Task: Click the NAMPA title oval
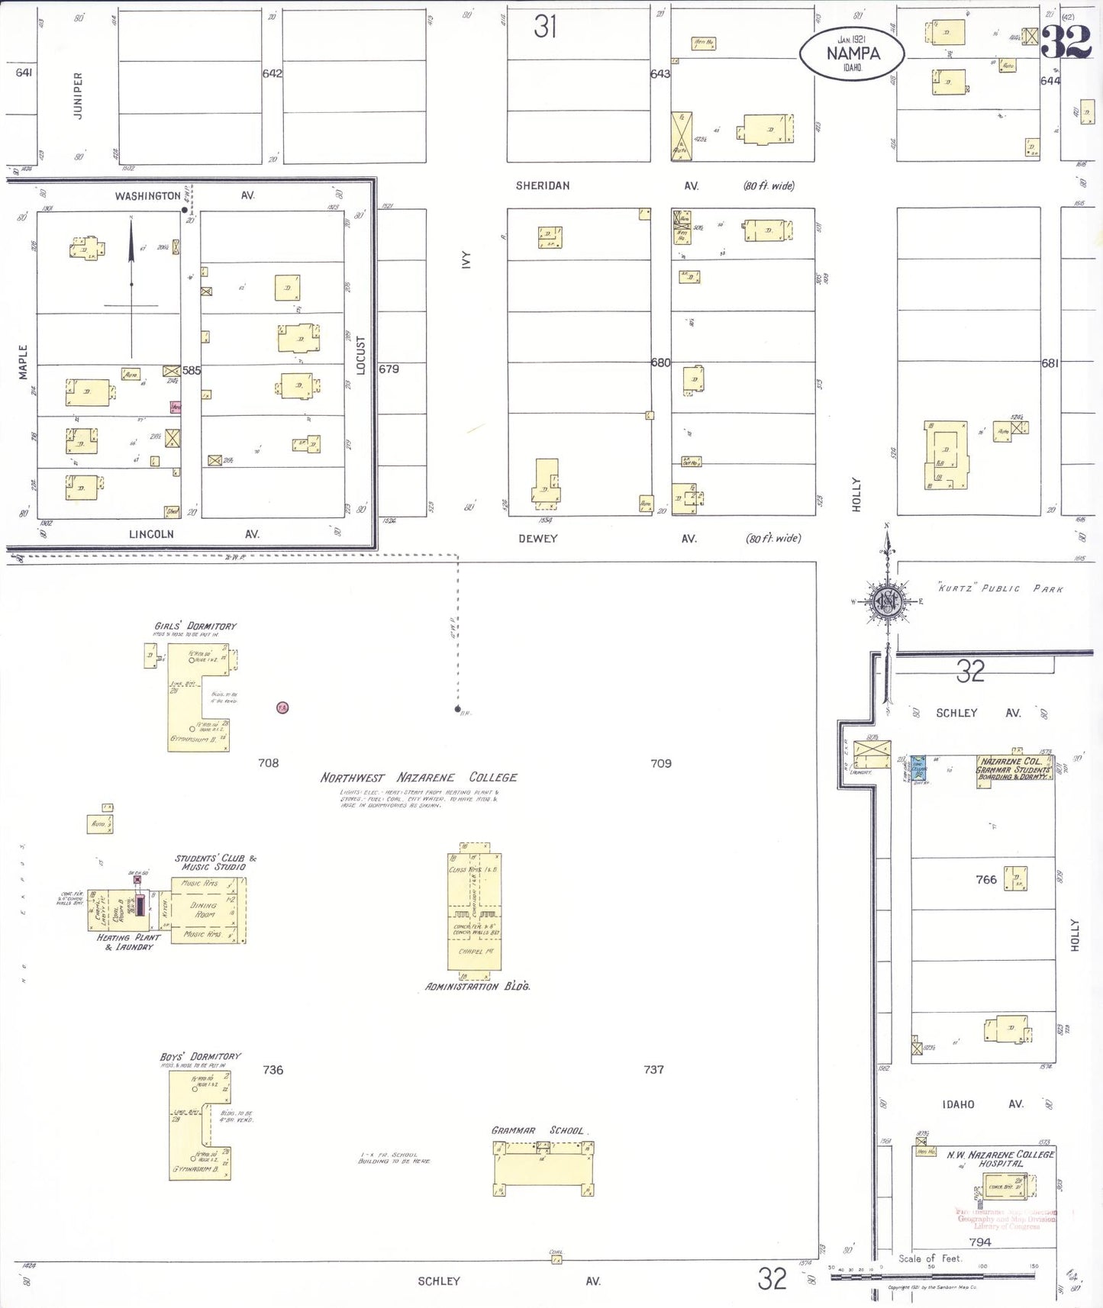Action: tap(852, 53)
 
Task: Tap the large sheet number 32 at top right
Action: tap(1066, 42)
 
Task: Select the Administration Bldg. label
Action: tap(477, 987)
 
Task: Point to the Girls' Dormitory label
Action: tap(195, 627)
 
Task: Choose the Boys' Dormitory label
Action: tap(200, 1057)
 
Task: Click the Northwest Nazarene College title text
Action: tap(418, 778)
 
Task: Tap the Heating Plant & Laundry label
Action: tap(128, 942)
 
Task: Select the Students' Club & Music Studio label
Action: tap(214, 862)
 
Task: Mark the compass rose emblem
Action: tap(887, 601)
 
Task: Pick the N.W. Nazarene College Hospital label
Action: tap(1000, 1159)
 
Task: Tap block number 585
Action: tap(192, 371)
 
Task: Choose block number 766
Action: tap(985, 880)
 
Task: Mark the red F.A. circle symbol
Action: tap(282, 708)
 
